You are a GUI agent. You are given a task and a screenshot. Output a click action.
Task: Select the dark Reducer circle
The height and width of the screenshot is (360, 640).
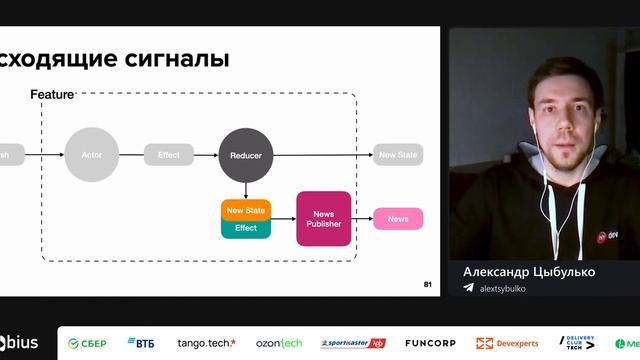tap(245, 155)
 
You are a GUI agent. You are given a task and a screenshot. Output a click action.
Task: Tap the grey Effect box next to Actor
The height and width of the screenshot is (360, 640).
tap(169, 155)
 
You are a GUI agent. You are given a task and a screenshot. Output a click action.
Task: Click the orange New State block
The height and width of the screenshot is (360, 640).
tap(246, 210)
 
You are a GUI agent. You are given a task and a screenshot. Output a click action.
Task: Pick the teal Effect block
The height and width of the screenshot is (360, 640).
tap(246, 228)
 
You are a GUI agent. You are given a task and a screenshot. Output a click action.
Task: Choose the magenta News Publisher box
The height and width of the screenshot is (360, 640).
tap(324, 218)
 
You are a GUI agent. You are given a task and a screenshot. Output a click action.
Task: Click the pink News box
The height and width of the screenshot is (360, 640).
tap(398, 219)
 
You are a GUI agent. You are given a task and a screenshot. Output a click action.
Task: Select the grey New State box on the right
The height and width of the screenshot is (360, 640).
tap(398, 155)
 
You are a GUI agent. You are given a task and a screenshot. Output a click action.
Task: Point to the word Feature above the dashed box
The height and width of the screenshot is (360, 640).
tap(52, 94)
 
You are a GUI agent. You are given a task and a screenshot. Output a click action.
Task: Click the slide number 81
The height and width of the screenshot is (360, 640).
tap(428, 285)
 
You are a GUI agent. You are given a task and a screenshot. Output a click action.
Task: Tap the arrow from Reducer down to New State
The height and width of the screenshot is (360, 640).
tap(245, 190)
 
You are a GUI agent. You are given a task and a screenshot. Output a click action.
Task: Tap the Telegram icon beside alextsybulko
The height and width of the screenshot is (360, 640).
tap(468, 288)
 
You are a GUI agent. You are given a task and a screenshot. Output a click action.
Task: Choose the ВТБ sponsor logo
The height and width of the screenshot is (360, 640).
tap(140, 343)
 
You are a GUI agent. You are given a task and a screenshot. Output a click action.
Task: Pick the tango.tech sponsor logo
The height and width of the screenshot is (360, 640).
tap(206, 343)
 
